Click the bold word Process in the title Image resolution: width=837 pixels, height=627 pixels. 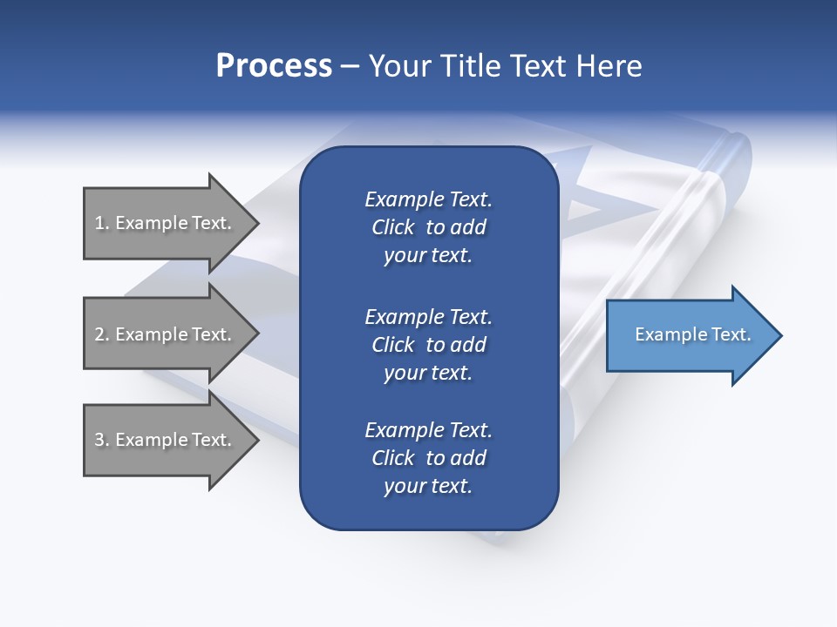[274, 66]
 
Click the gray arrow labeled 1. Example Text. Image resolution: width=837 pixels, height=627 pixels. [166, 223]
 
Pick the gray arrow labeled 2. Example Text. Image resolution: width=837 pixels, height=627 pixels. [166, 334]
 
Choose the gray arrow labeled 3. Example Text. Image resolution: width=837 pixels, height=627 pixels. [166, 440]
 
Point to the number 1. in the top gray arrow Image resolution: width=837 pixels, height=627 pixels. [102, 223]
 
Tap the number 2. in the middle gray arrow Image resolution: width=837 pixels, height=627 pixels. [102, 334]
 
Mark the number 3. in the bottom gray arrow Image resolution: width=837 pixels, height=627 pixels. [102, 440]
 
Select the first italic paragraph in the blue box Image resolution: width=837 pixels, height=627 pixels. [428, 227]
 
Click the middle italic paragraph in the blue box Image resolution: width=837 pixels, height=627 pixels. [428, 344]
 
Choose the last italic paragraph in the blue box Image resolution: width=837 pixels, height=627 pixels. [428, 458]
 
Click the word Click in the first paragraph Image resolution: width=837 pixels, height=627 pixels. [392, 227]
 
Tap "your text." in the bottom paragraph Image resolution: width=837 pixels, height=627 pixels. [428, 486]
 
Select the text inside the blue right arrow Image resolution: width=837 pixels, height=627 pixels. [693, 334]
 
